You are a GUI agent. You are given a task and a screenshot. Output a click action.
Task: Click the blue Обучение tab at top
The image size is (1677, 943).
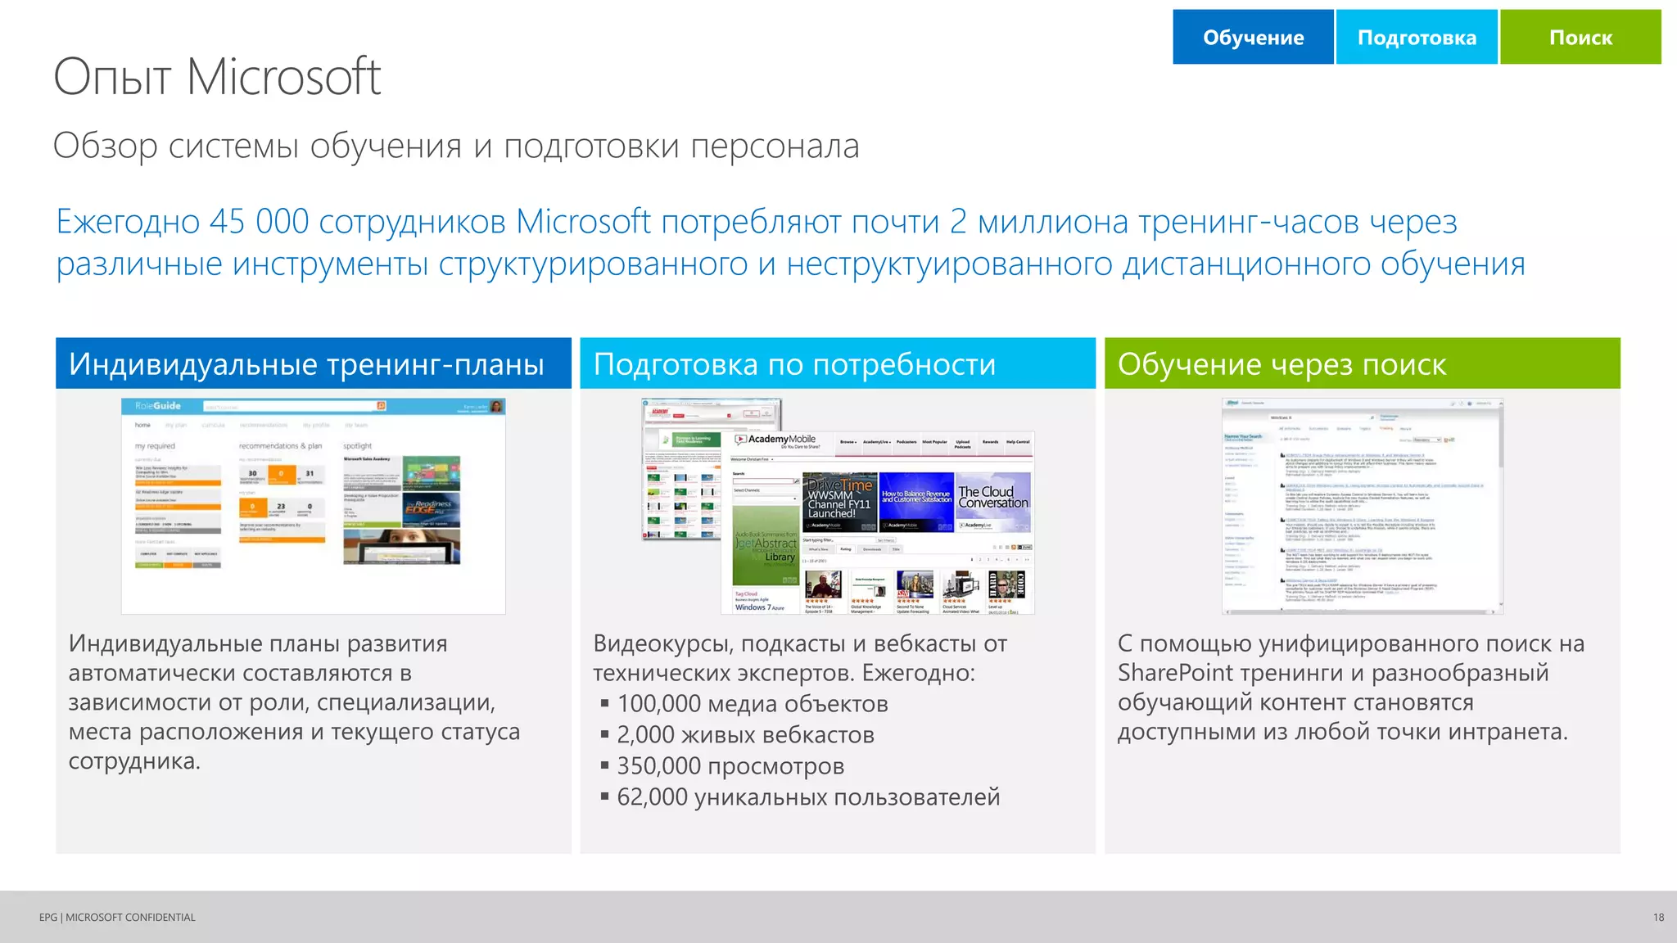click(x=1253, y=38)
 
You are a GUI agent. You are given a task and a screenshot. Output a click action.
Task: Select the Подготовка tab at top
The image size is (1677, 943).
click(x=1417, y=38)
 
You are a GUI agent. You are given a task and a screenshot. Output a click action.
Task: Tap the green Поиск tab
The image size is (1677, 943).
click(x=1580, y=38)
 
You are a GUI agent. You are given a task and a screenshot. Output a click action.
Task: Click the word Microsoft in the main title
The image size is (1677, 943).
click(x=283, y=77)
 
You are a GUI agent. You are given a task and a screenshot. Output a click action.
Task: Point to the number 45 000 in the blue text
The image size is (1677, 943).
click(x=259, y=222)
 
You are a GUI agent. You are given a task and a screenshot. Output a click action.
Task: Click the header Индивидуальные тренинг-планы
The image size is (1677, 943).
click(x=306, y=364)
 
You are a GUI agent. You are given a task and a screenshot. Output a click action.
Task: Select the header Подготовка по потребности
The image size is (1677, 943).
click(x=794, y=364)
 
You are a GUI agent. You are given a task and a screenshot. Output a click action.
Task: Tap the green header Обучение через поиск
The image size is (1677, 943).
click(x=1281, y=364)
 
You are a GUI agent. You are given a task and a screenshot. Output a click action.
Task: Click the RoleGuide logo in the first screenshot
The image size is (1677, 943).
click(x=158, y=406)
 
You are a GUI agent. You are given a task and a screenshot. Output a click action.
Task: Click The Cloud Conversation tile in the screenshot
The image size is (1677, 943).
click(x=992, y=498)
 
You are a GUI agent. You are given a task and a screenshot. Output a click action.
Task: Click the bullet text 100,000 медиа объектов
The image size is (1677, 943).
click(x=752, y=704)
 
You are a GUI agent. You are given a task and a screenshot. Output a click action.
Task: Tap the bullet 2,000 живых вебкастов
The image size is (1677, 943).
click(x=745, y=735)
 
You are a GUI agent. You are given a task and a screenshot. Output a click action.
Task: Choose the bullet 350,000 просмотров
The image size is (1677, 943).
click(x=730, y=766)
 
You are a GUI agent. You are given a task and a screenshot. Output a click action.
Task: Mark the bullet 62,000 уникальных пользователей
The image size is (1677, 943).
click(x=807, y=797)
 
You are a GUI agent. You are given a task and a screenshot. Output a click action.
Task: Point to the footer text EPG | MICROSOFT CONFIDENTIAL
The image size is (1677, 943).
click(x=117, y=918)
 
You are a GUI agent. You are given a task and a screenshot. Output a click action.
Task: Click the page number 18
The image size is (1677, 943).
click(x=1658, y=918)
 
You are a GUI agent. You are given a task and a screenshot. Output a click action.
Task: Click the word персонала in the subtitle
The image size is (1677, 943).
click(x=774, y=147)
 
